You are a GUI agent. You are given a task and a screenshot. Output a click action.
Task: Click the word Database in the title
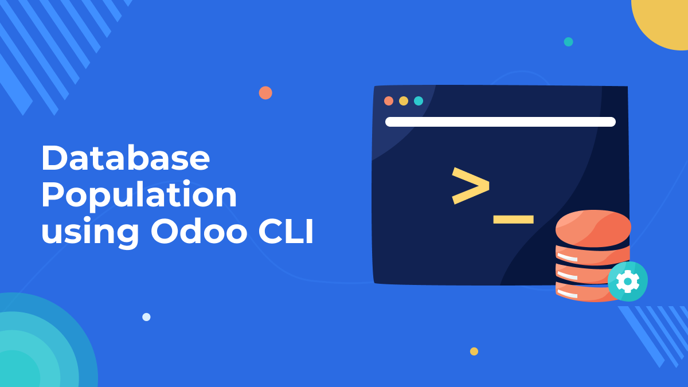click(126, 157)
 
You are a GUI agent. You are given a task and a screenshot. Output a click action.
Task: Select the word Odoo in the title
click(199, 230)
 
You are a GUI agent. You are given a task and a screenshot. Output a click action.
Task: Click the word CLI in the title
click(286, 230)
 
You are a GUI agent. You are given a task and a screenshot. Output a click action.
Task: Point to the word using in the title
click(90, 233)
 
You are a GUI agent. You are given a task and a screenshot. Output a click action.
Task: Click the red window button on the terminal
click(389, 101)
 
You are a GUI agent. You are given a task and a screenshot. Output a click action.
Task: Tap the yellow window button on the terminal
click(404, 101)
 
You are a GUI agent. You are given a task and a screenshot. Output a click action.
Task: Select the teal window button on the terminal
click(419, 101)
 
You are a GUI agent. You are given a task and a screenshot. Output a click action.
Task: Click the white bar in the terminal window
click(501, 122)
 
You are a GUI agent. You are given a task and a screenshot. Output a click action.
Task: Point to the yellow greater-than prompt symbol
click(471, 186)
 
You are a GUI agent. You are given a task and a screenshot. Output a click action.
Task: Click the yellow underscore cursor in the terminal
click(514, 219)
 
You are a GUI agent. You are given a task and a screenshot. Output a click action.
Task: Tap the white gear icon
click(628, 282)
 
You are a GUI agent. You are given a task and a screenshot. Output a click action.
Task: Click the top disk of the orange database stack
click(593, 228)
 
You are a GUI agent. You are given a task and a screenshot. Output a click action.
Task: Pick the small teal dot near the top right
click(569, 42)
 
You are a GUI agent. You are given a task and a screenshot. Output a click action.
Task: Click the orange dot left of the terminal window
click(265, 93)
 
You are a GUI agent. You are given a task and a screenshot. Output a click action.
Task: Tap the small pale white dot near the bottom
click(147, 317)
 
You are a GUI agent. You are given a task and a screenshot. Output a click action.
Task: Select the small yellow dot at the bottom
click(474, 351)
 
